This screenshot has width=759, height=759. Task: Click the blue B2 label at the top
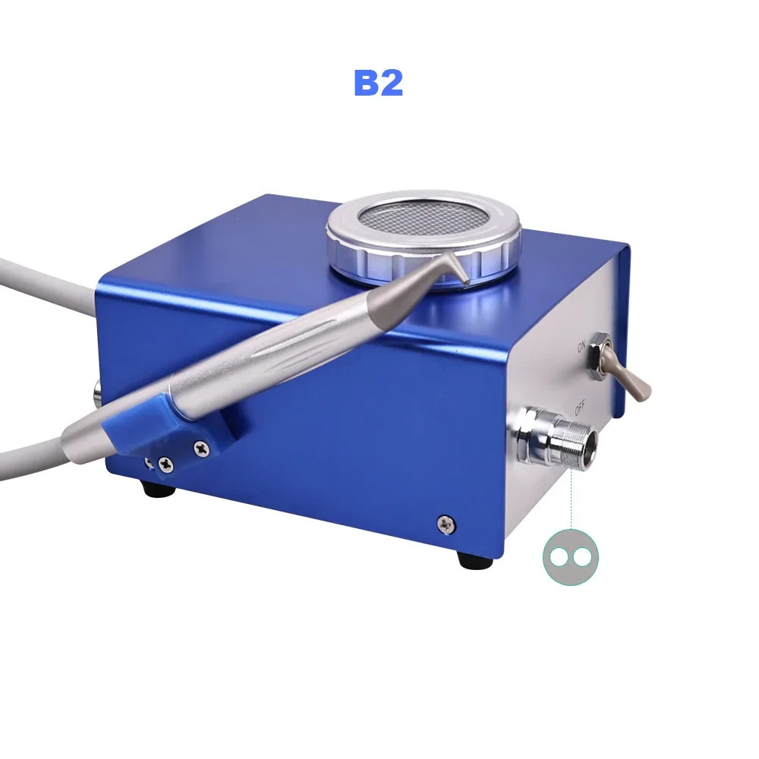pyautogui.click(x=378, y=83)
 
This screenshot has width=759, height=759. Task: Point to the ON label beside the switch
pyautogui.click(x=582, y=348)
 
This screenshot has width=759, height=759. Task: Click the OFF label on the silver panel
pyautogui.click(x=580, y=411)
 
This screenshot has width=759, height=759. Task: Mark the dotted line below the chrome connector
pyautogui.click(x=571, y=501)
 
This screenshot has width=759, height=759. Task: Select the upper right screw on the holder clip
pyautogui.click(x=200, y=448)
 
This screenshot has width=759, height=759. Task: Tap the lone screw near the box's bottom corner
pyautogui.click(x=445, y=522)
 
